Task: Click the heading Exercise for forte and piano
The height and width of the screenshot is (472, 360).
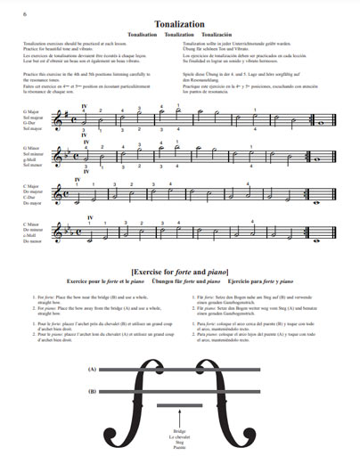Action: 179,269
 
